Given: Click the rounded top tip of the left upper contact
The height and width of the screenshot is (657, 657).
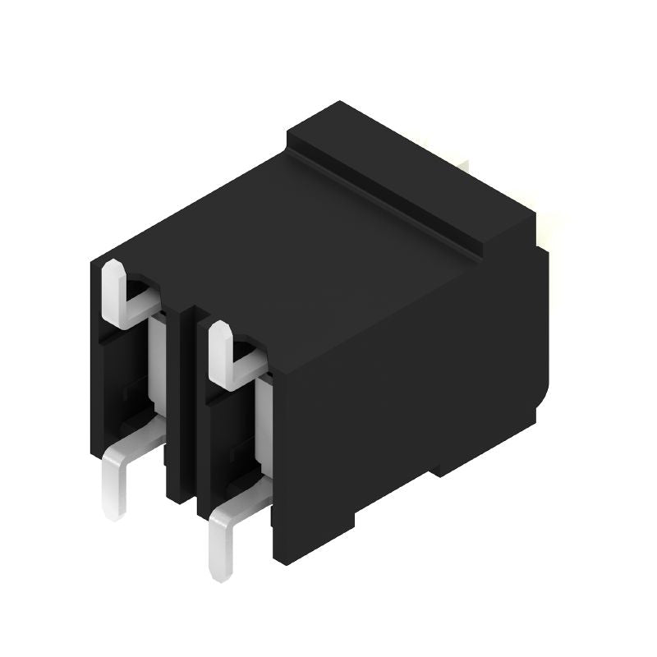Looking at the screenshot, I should pyautogui.click(x=113, y=269).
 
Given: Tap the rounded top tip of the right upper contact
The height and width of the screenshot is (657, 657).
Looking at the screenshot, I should pyautogui.click(x=218, y=331).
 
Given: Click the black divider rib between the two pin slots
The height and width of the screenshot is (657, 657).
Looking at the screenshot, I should pyautogui.click(x=181, y=411).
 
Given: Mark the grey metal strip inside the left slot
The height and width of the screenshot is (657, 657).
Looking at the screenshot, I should pyautogui.click(x=157, y=361).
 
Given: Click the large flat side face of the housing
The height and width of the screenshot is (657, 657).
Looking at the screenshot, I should pyautogui.click(x=411, y=386).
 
